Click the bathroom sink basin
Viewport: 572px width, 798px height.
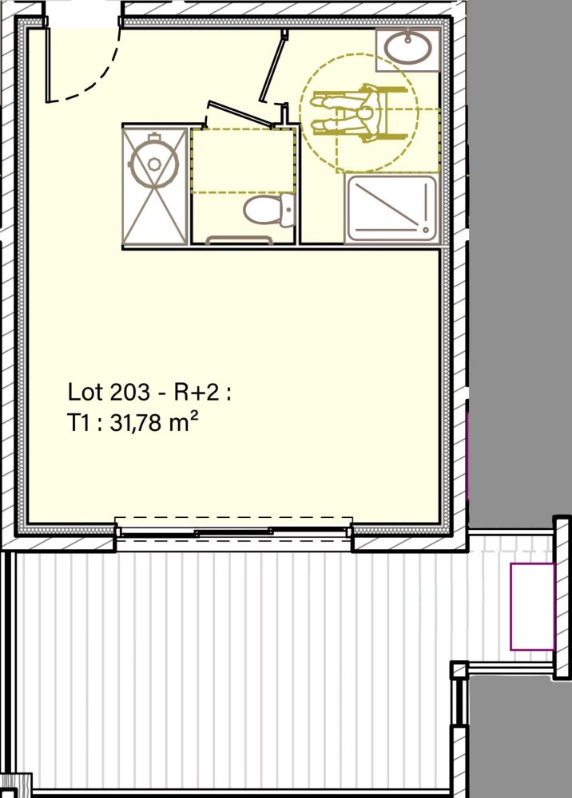408,46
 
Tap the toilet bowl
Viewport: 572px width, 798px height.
259,212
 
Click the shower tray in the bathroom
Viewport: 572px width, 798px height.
391,208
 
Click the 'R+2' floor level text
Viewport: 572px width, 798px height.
203,393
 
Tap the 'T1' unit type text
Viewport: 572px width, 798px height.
78,424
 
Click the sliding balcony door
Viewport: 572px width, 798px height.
233,531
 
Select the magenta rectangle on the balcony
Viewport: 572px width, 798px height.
532,606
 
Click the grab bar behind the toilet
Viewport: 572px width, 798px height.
240,239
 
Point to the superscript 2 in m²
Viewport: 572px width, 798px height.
193,417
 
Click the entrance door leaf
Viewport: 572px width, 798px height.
48,64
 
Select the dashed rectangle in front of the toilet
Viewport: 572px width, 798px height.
244,160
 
